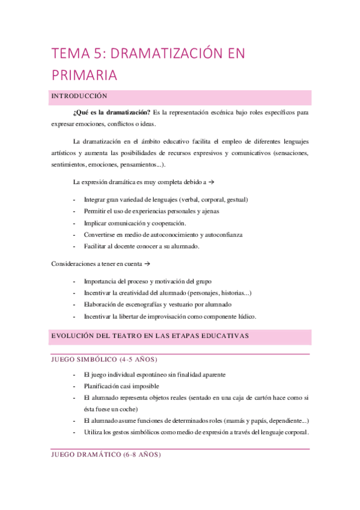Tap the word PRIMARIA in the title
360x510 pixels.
tap(84, 75)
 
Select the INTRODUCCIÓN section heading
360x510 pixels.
tap(79, 96)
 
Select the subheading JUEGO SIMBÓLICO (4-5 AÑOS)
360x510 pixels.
tap(105, 360)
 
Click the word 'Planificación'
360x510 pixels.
tap(106, 386)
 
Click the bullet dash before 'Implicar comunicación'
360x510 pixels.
tap(74, 223)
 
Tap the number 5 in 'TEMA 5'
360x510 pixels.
tap(98, 54)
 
